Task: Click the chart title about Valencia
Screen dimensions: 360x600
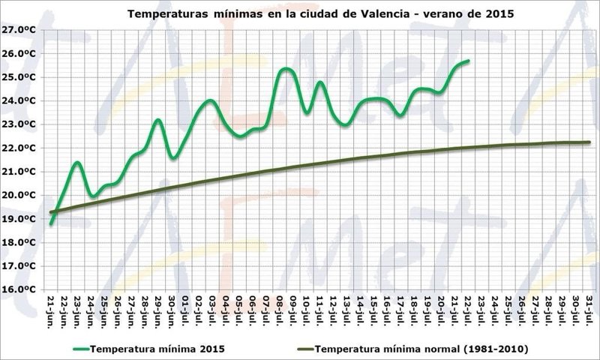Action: (322, 13)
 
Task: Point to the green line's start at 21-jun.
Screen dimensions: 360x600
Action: (51, 223)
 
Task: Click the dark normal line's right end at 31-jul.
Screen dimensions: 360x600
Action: (589, 142)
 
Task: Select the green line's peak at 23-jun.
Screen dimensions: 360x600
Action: (78, 162)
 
